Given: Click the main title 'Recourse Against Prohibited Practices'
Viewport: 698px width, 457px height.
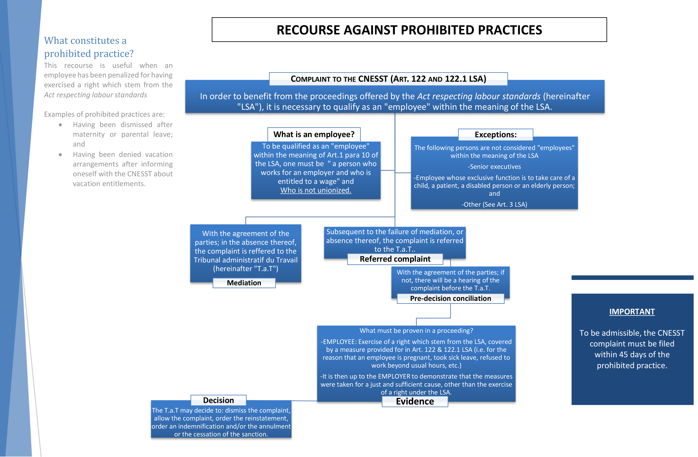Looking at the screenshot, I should [x=409, y=30].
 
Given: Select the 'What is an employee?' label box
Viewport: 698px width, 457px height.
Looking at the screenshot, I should [x=314, y=134].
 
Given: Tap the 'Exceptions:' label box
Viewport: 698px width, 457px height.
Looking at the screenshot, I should [x=495, y=135].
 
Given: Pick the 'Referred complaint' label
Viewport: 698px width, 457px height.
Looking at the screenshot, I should [x=395, y=259].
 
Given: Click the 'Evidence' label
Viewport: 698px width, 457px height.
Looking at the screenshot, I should [x=415, y=401].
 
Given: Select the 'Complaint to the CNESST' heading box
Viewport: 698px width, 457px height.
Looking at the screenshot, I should [x=388, y=79].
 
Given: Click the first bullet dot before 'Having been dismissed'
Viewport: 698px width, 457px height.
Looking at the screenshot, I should [x=60, y=125].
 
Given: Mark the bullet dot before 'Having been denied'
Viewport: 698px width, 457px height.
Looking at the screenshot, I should [x=60, y=155].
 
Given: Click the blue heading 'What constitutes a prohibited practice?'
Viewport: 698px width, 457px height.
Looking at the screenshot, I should [x=89, y=47].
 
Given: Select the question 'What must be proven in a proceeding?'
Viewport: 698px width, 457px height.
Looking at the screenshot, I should [x=416, y=330].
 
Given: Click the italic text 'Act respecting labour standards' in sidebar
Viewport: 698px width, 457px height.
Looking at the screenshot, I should [x=95, y=95].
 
